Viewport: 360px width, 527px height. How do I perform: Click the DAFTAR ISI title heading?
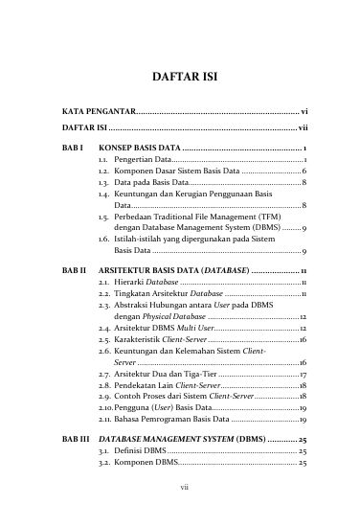[x=180, y=77]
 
